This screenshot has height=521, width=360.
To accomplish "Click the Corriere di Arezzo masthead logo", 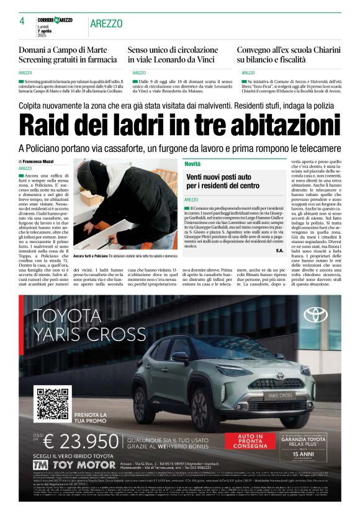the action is pyautogui.click(x=55, y=20).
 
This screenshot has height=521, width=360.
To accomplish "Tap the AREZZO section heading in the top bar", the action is pyautogui.click(x=106, y=24).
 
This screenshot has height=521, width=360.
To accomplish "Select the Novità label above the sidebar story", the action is pyautogui.click(x=192, y=164).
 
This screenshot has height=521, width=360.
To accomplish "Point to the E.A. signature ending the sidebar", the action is pyautogui.click(x=279, y=250).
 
